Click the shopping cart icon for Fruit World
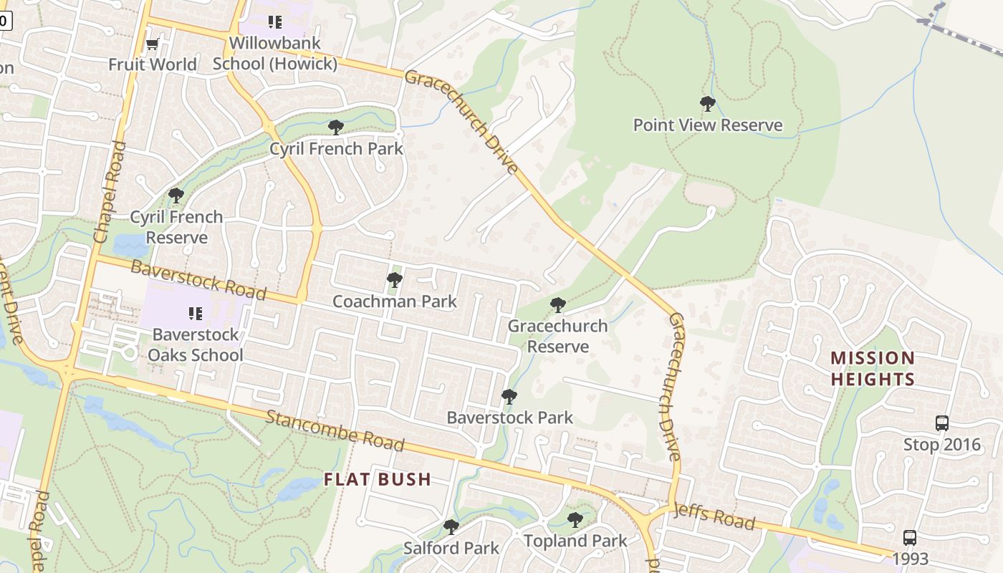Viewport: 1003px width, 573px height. point(152,44)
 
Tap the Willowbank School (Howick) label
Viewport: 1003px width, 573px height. point(275,54)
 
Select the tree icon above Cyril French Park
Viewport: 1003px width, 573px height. point(335,128)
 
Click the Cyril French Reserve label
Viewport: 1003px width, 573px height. point(176,227)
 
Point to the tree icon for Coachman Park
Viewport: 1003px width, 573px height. point(394,280)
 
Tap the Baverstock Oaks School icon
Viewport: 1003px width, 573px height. point(195,313)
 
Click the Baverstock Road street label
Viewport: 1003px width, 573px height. point(198,281)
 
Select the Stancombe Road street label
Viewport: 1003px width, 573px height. point(335,430)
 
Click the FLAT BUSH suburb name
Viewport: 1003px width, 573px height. point(378,480)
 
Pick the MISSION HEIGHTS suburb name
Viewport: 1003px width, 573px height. point(873,368)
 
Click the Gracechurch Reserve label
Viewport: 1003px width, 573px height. point(557,336)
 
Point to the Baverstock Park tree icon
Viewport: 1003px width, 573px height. point(509,396)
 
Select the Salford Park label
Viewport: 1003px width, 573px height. point(451,548)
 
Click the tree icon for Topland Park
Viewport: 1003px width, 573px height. point(575,520)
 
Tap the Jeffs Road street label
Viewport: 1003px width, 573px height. point(714,517)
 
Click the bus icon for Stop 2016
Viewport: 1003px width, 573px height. point(941,423)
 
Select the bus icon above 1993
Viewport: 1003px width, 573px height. point(909,537)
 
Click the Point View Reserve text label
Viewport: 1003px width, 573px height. point(708,125)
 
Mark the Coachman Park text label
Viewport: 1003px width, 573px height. point(394,302)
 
